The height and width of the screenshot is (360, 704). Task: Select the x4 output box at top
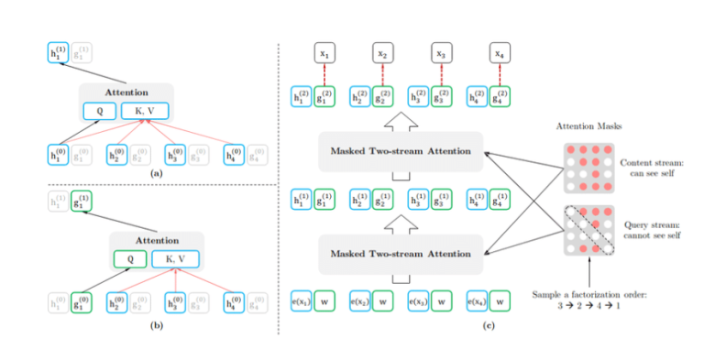(500, 54)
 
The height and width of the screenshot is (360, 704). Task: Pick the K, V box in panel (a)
(147, 111)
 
